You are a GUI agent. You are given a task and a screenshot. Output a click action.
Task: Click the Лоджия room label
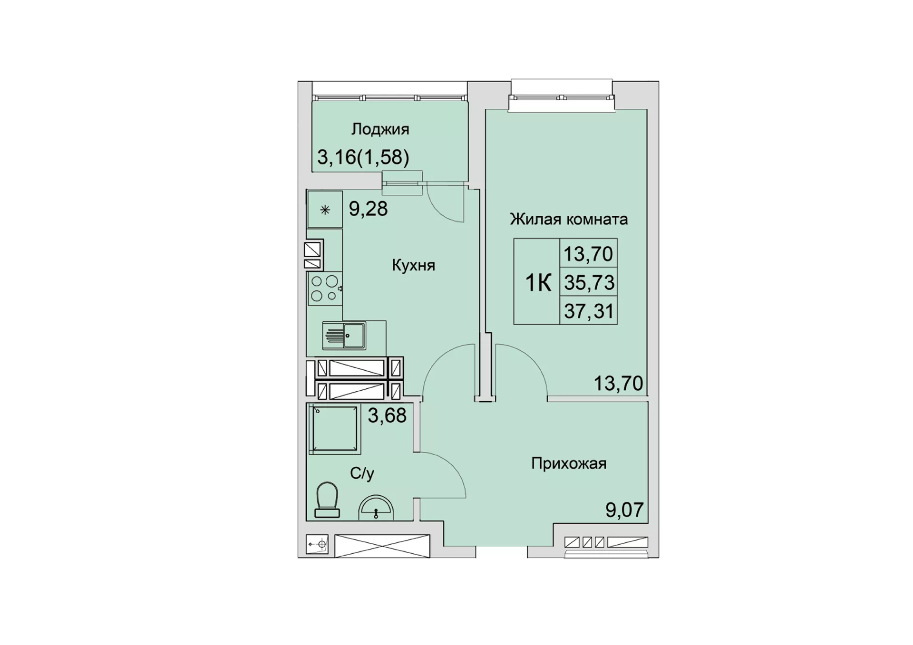[x=380, y=130]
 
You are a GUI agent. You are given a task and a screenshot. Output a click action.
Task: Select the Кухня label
[x=413, y=265]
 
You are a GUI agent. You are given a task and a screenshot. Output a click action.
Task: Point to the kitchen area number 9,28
[x=369, y=209]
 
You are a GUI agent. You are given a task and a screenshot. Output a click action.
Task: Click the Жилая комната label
[x=569, y=219]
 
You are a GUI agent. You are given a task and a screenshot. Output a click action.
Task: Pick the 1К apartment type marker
[x=538, y=283]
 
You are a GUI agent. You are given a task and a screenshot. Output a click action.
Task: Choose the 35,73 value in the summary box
[x=589, y=283]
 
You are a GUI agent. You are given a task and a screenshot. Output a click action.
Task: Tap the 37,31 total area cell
[x=589, y=311]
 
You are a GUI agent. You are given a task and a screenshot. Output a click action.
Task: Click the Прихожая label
[x=569, y=463]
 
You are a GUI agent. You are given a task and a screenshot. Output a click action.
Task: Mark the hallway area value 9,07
[x=624, y=510]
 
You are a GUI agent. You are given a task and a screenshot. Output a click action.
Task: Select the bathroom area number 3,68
[x=388, y=415]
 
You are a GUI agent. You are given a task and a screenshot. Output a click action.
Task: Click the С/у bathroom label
[x=362, y=473]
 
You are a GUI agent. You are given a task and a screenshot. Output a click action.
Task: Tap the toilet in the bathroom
[x=327, y=500]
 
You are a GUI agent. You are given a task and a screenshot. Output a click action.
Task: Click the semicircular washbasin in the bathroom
[x=376, y=507]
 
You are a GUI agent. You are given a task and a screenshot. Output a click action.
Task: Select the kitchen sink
[x=344, y=335]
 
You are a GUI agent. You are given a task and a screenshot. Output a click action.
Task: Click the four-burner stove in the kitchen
[x=325, y=289]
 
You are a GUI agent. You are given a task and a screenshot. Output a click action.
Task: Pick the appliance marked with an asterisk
[x=325, y=210]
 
